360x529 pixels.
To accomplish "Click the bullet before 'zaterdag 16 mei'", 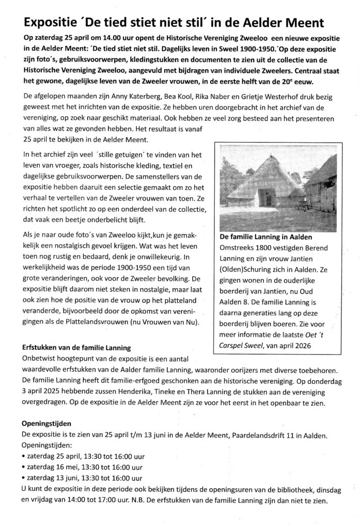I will point(24,468).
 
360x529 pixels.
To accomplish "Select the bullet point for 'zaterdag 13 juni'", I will point(24,478).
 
